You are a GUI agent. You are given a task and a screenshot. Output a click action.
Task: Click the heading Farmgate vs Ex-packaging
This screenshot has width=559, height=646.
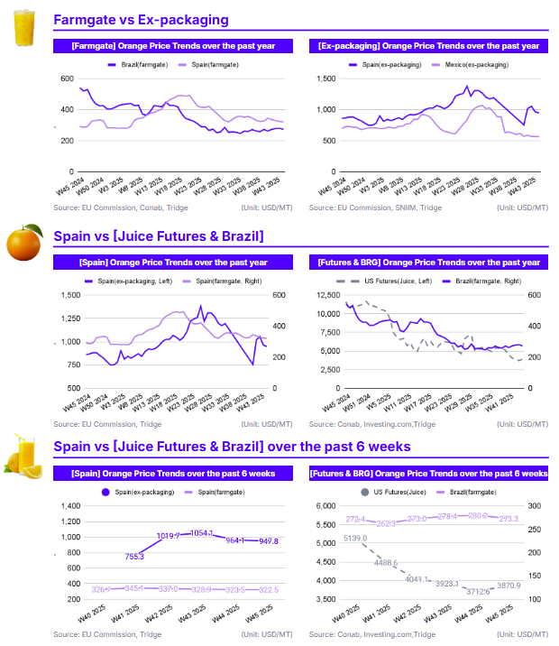tap(141, 19)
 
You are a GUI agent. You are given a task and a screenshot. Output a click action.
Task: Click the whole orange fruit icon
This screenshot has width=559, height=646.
tap(24, 243)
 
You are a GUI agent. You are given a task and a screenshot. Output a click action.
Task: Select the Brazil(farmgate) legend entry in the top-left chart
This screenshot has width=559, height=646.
tap(136, 64)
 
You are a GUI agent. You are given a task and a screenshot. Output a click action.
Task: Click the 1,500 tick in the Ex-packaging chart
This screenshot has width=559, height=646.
tap(322, 79)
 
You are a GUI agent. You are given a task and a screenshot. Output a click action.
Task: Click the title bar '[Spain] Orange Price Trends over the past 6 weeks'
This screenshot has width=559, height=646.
tap(172, 473)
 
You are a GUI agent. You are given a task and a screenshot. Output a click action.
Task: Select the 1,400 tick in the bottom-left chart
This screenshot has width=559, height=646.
tap(68, 506)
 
